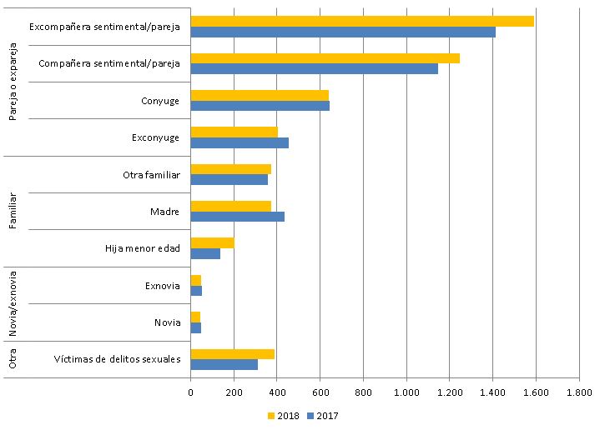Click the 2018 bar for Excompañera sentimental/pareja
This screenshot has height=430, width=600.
click(362, 21)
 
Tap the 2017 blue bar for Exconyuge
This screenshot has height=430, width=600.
click(239, 142)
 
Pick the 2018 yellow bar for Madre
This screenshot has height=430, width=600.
click(231, 206)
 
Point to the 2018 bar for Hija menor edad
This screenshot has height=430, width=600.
click(212, 242)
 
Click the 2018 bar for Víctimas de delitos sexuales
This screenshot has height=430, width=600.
click(232, 353)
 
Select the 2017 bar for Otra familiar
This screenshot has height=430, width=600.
click(229, 179)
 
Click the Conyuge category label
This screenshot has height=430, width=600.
click(160, 101)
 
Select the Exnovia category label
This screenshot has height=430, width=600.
click(162, 286)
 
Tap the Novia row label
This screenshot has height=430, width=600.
click(167, 322)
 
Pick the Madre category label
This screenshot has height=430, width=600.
click(165, 212)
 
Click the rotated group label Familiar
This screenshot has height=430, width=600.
click(13, 212)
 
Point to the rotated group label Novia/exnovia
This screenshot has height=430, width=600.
click(13, 304)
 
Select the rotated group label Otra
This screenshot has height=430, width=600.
click(13, 359)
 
